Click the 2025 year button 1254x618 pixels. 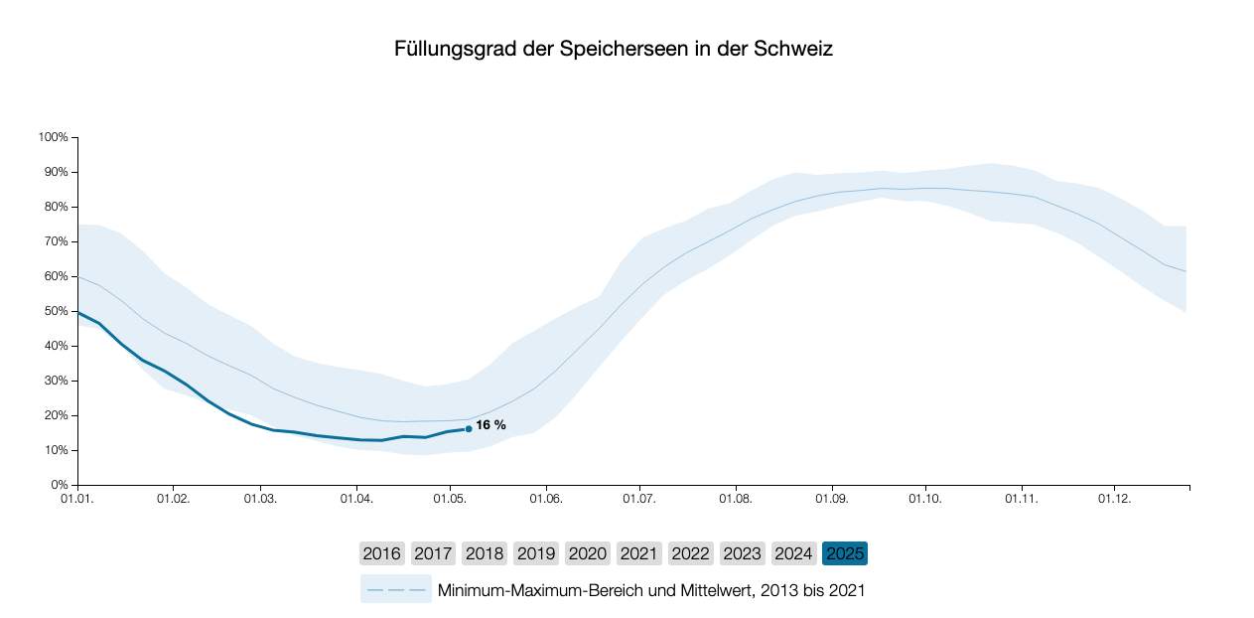point(844,553)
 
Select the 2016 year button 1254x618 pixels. point(382,553)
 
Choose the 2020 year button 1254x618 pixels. point(588,553)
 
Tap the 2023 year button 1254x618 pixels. point(743,553)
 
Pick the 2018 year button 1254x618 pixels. point(485,553)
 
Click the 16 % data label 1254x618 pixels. point(490,425)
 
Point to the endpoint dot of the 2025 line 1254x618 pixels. point(469,429)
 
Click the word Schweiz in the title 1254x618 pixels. point(794,49)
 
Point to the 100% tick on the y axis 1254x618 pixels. point(53,137)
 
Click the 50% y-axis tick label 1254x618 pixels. point(55,311)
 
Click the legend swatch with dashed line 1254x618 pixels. point(395,590)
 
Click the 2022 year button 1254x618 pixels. point(691,553)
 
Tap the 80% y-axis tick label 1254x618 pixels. point(55,207)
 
